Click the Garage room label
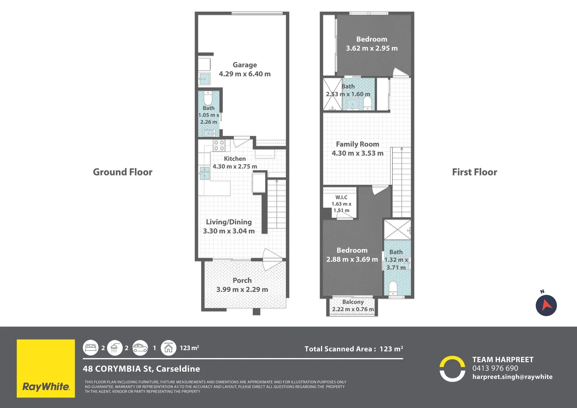point(245,65)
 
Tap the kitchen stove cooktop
point(219,145)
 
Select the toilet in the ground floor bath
point(208,98)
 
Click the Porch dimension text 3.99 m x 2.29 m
point(242,289)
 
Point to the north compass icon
point(546,305)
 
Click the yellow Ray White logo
point(46,368)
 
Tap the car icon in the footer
point(140,348)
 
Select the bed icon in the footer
point(91,348)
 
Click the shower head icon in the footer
point(115,348)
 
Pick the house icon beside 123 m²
point(168,348)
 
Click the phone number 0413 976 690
point(495,368)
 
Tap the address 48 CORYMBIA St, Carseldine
point(141,369)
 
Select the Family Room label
point(358,144)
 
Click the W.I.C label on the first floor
point(341,198)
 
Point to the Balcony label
point(353,302)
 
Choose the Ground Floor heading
point(123,172)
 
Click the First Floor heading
point(475,172)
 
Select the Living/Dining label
point(229,222)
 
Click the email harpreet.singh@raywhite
point(512,377)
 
